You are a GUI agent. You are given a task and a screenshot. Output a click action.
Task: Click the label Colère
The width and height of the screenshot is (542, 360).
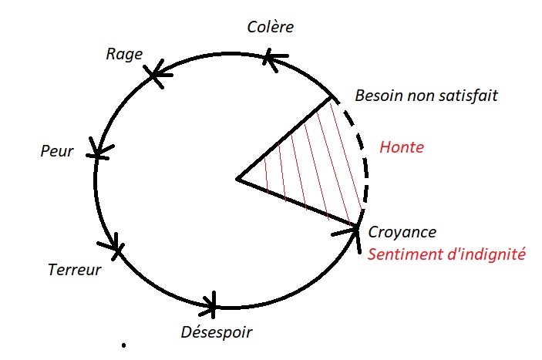point(271,27)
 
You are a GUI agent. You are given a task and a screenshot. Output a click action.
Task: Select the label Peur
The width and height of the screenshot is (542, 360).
point(56,151)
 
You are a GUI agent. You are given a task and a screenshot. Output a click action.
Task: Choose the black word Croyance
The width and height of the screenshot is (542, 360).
point(402,232)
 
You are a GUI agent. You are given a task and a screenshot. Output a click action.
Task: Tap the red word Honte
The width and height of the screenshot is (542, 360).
point(402,147)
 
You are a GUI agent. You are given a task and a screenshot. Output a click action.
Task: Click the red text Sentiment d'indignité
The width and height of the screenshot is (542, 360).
point(446,254)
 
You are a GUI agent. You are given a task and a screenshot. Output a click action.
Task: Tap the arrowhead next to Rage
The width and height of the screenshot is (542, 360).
point(157,74)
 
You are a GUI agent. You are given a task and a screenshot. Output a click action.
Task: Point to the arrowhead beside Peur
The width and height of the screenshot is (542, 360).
point(98,149)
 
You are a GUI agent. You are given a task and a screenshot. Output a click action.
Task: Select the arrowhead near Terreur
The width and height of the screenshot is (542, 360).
point(113,246)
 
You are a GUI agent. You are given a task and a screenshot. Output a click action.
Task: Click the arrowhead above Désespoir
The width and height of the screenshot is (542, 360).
point(212,302)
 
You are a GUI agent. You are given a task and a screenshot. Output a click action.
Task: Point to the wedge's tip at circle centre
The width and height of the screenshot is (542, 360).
point(238,180)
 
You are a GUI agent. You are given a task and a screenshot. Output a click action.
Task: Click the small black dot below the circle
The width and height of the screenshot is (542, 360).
point(123,345)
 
